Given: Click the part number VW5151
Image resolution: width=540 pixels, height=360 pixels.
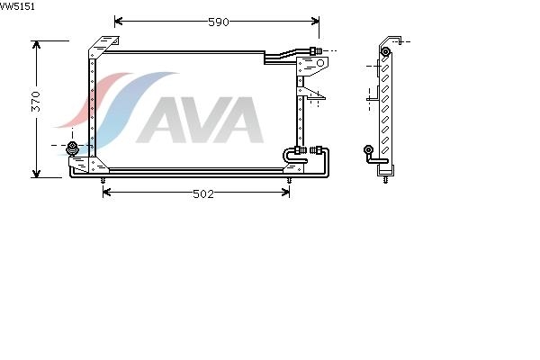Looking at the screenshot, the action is (17, 6).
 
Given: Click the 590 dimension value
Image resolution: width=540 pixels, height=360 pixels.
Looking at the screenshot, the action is (219, 22).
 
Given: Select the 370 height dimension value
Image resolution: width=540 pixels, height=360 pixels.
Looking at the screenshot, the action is (36, 102).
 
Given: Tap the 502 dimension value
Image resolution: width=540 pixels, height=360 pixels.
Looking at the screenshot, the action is (203, 194).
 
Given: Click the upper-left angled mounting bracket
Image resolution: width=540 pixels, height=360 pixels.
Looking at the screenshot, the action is (103, 47).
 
